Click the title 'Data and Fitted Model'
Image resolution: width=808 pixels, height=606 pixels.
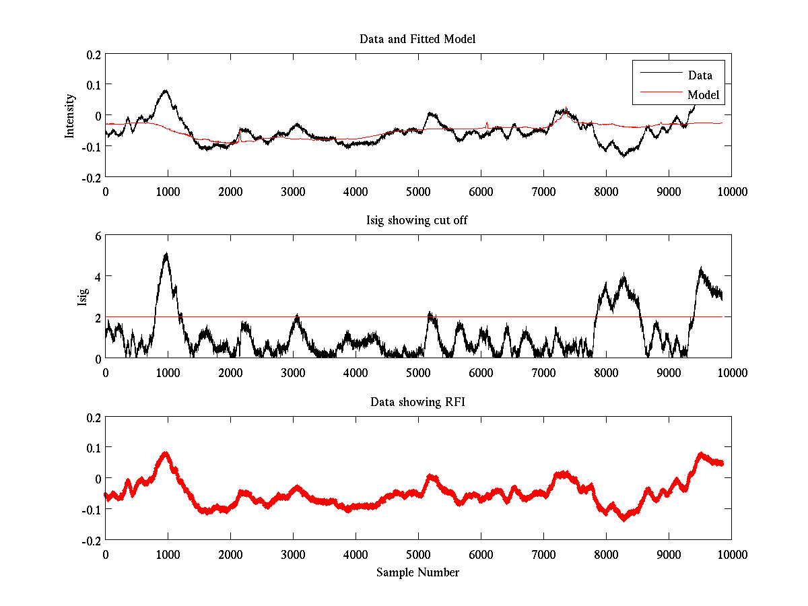[417, 39]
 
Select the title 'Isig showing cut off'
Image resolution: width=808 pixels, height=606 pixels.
[417, 221]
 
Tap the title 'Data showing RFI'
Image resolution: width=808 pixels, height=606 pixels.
[417, 402]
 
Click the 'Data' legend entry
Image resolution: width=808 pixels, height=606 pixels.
[700, 75]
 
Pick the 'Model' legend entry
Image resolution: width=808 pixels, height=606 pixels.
[703, 95]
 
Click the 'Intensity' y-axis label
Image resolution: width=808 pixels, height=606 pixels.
[69, 116]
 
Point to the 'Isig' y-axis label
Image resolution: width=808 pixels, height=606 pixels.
[82, 297]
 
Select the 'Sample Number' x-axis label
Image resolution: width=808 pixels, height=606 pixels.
[417, 572]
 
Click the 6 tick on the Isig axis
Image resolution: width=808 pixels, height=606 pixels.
[98, 236]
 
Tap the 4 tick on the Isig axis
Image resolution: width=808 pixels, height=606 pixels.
[98, 277]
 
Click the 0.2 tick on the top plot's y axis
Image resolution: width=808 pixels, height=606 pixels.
[93, 55]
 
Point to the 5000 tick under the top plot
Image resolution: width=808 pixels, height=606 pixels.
[418, 191]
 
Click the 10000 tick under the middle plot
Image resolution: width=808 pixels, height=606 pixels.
[731, 372]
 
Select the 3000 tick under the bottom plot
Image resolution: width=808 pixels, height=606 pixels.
[293, 554]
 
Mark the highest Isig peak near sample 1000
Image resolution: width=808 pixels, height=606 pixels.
[166, 254]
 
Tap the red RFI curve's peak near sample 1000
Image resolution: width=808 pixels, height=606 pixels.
[166, 454]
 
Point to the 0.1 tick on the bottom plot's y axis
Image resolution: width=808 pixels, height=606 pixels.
[93, 448]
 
